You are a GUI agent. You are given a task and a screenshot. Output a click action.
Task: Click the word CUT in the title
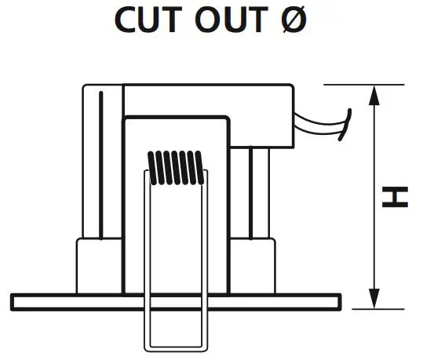(x=148, y=20)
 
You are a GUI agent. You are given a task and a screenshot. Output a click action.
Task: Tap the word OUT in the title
(x=232, y=20)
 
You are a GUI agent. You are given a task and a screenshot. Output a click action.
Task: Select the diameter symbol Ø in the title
(x=294, y=20)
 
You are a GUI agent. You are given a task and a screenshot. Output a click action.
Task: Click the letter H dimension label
(x=395, y=197)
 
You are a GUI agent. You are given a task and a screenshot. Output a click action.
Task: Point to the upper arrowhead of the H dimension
(x=374, y=95)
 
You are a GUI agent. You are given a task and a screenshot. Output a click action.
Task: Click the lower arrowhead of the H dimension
(x=374, y=299)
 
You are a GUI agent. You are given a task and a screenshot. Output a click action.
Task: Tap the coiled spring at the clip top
(x=176, y=168)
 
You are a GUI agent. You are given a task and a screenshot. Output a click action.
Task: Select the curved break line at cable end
(x=345, y=125)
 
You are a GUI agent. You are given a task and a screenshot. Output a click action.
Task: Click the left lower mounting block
(x=99, y=266)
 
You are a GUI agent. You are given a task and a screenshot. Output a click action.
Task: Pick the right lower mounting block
(x=252, y=266)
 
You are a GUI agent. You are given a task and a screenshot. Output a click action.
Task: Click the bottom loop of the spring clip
(x=176, y=349)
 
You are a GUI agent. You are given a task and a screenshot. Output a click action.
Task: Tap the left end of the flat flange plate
(x=13, y=302)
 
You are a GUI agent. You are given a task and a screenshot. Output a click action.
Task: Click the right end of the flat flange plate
(x=339, y=302)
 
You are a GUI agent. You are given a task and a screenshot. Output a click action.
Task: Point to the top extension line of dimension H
(x=363, y=85)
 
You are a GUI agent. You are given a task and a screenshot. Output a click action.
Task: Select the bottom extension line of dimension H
(x=378, y=309)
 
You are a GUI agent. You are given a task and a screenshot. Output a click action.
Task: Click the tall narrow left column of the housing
(x=103, y=162)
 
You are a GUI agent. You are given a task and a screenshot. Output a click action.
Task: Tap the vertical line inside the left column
(x=101, y=165)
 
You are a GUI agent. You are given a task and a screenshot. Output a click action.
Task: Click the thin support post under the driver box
(x=251, y=193)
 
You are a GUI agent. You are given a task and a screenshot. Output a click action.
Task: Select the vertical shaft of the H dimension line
(x=374, y=197)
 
